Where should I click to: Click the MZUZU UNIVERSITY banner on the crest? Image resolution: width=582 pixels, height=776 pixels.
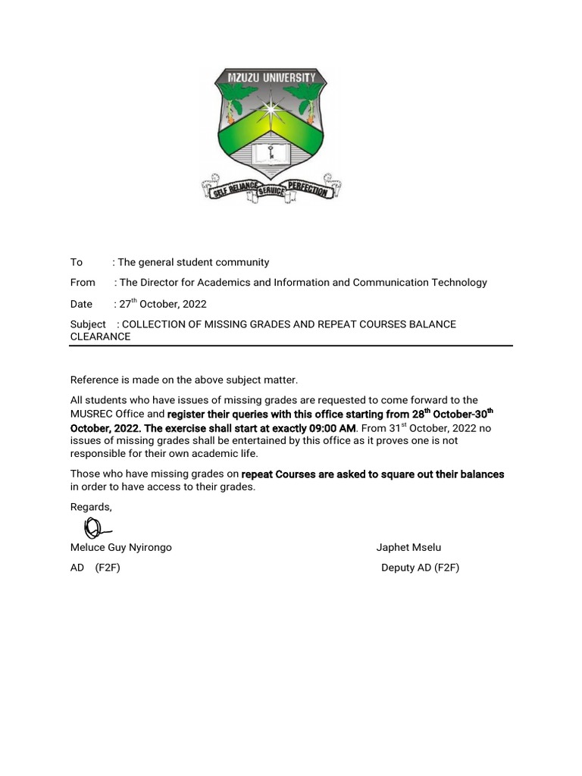[271, 78]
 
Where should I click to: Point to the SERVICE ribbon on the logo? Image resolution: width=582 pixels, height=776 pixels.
[270, 192]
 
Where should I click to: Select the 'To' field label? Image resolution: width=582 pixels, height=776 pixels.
[77, 262]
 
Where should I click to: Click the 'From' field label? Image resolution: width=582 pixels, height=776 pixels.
[83, 283]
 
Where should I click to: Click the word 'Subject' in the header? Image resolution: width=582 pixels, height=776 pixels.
[88, 324]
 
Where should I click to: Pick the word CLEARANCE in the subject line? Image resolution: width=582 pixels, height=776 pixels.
[101, 336]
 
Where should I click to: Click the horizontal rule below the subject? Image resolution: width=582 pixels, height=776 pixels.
[291, 346]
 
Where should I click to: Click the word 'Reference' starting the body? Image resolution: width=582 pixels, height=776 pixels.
[94, 379]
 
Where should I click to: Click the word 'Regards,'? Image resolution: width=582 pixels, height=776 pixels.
[91, 506]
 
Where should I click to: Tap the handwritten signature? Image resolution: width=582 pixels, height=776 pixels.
[95, 527]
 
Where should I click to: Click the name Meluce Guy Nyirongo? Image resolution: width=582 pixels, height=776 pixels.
[121, 547]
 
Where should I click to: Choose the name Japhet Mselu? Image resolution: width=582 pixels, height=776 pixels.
[408, 547]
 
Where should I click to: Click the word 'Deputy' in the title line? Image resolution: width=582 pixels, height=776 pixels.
[398, 568]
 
